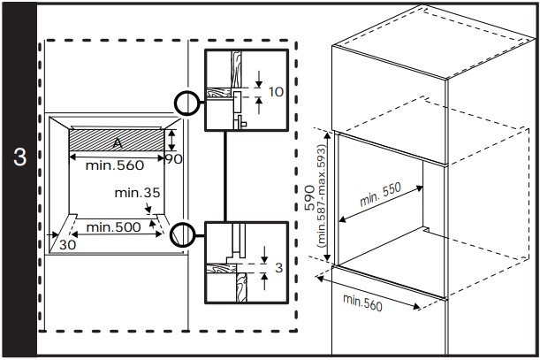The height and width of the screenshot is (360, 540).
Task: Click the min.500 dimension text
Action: tap(113, 228)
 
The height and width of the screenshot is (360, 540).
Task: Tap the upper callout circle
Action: tap(187, 103)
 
